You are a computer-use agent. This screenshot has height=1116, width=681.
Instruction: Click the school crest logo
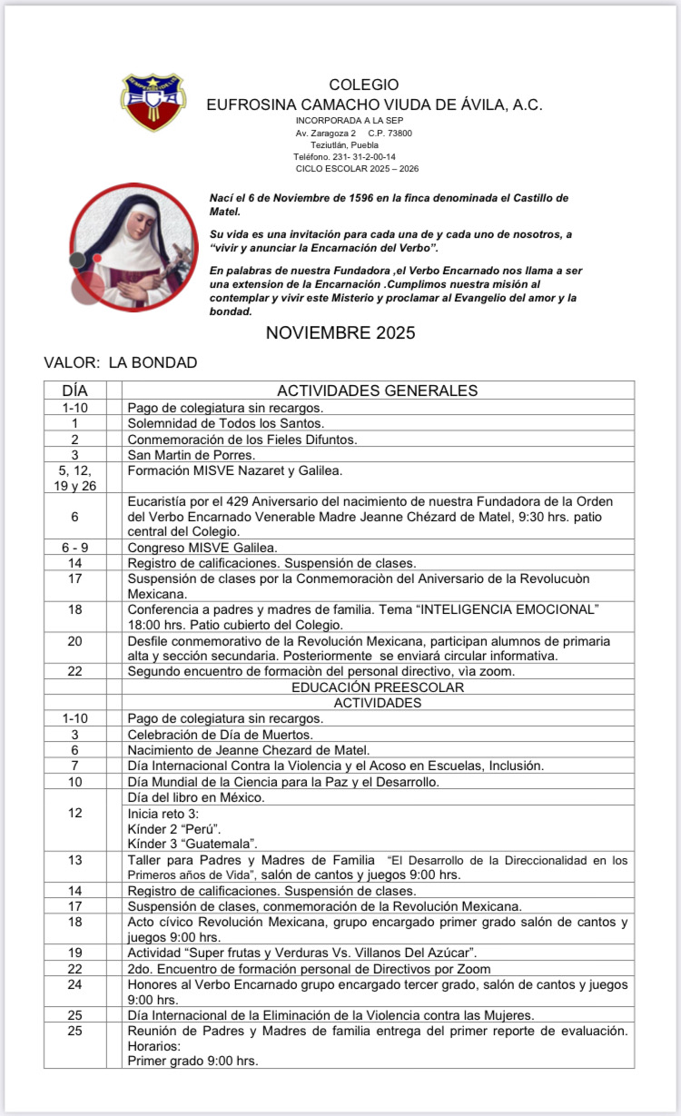(x=153, y=102)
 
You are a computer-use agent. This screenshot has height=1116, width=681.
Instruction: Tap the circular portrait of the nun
(x=133, y=247)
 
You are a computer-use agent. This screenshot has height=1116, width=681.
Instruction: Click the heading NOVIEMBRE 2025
(x=340, y=333)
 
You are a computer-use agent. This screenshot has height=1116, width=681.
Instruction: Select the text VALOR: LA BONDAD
(x=120, y=363)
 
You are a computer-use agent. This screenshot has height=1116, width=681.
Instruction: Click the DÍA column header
(x=75, y=390)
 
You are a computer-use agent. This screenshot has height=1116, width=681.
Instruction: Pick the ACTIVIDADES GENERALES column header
(x=377, y=390)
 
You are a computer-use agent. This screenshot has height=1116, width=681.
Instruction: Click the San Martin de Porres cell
(x=192, y=455)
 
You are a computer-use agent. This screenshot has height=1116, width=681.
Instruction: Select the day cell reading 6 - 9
(x=75, y=547)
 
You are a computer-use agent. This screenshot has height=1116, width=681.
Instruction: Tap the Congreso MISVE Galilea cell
(x=202, y=547)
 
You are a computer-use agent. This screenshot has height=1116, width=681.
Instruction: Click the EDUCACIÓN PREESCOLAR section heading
(x=378, y=687)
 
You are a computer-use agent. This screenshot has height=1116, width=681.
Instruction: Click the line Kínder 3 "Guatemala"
(x=192, y=844)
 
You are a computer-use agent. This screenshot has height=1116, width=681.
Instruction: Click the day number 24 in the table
(x=75, y=984)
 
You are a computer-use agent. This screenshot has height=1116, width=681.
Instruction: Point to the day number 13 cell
(x=75, y=860)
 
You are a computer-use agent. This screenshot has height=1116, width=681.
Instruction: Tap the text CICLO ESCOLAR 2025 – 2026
(x=357, y=169)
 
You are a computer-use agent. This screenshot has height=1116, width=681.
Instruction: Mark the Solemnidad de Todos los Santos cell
(x=226, y=423)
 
